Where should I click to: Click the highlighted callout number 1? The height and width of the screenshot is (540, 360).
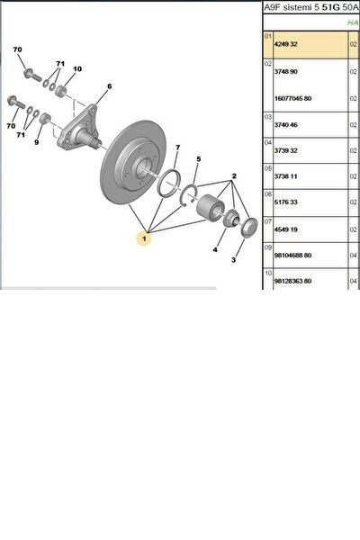point(144,238)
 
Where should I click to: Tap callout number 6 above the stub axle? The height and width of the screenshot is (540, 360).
point(109,86)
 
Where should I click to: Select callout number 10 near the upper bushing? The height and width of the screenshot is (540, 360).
point(77,69)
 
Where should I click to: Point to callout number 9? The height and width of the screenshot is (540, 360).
point(37,142)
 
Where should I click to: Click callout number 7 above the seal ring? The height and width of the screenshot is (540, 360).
point(178,148)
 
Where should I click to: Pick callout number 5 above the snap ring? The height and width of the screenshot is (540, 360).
point(198,159)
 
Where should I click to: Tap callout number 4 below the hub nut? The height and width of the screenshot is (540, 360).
point(215,249)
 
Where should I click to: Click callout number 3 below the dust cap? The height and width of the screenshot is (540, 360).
point(234,260)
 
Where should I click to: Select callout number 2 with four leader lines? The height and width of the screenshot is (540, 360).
point(234,176)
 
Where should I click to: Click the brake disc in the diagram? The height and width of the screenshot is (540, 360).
point(132,163)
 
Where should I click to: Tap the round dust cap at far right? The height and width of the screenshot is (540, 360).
point(249,228)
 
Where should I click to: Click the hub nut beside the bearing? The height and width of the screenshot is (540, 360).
point(230,219)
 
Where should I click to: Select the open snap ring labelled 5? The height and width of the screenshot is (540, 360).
point(189,196)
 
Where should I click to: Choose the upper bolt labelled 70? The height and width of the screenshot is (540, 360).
point(32,75)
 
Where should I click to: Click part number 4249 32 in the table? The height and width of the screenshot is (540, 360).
point(286,44)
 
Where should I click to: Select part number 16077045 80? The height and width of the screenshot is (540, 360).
point(292,98)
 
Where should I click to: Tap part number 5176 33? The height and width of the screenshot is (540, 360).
point(286,202)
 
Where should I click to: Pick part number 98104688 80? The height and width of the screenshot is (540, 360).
point(292,256)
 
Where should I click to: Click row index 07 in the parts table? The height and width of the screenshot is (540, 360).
point(268,220)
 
